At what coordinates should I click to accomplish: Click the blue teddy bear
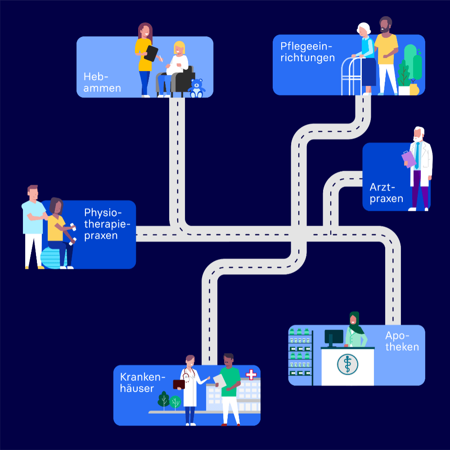coord(196,88)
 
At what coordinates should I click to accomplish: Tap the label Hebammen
coord(102,82)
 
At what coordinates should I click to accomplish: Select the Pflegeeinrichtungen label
coord(307,52)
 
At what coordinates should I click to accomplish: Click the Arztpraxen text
coord(387,193)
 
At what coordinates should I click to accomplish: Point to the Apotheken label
coord(402,341)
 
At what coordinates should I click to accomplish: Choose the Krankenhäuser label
coord(143,383)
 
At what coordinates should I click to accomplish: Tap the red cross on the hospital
coord(251,374)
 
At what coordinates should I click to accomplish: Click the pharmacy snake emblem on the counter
coord(347,364)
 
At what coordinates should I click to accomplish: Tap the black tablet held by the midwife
coord(151,53)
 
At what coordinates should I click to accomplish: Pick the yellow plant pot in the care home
coord(414,89)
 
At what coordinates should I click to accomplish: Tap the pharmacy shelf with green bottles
coord(300,355)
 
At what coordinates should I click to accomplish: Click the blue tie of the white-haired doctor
coord(417,155)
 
